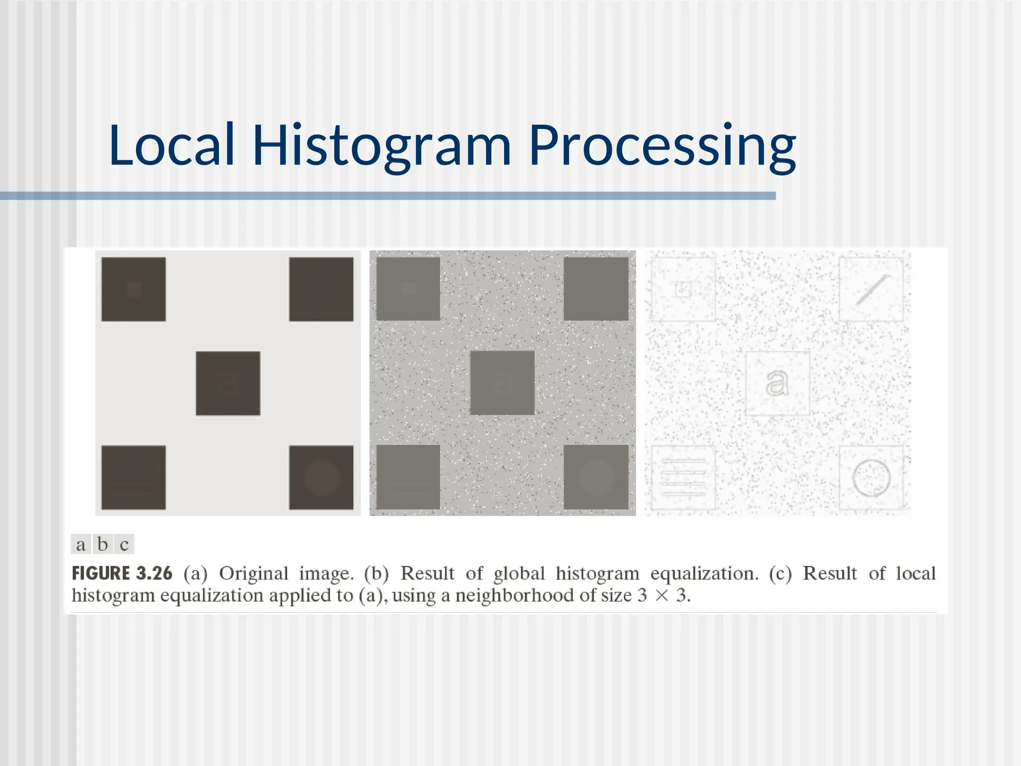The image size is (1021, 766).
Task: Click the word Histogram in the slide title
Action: tap(382, 145)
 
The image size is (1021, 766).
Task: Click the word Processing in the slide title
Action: tap(662, 145)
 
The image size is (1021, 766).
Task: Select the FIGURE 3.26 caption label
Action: tap(122, 574)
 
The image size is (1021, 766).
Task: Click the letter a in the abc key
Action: tap(81, 545)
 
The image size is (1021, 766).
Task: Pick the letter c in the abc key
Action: tap(124, 545)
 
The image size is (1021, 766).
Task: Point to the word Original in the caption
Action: tap(254, 574)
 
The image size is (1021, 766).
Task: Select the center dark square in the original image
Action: tap(228, 383)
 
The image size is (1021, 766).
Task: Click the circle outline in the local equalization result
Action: tap(871, 478)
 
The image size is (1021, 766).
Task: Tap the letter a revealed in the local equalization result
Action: tap(777, 383)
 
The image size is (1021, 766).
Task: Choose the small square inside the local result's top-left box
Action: tap(683, 289)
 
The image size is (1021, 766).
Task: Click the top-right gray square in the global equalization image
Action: tap(596, 289)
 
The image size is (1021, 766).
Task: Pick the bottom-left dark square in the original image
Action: tap(134, 477)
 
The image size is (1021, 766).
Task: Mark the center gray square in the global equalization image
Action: tap(502, 383)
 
